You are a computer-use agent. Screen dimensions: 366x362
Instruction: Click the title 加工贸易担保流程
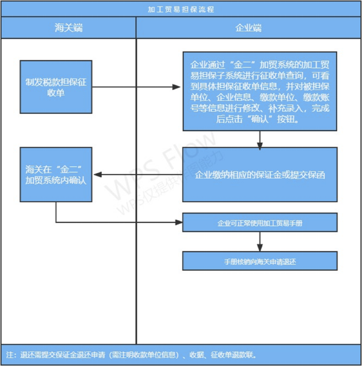coord(181,9)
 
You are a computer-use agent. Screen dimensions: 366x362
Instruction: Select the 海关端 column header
coord(69,28)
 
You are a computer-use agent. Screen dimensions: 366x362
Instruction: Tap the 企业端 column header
coord(249,28)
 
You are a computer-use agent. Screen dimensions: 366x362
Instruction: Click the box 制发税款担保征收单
coord(56,87)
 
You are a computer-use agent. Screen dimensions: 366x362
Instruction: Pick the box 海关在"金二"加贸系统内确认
coord(56,174)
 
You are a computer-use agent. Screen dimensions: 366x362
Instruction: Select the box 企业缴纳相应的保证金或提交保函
coord(260,175)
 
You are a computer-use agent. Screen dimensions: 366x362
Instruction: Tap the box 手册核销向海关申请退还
coord(260,262)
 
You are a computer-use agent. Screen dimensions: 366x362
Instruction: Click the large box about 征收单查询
coord(260,91)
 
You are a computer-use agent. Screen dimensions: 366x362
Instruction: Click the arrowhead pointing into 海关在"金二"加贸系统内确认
coord(97,174)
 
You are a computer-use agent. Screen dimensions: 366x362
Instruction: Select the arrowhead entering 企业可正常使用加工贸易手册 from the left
coord(178,222)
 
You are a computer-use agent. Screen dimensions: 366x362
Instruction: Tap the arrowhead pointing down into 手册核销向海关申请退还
coord(260,248)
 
